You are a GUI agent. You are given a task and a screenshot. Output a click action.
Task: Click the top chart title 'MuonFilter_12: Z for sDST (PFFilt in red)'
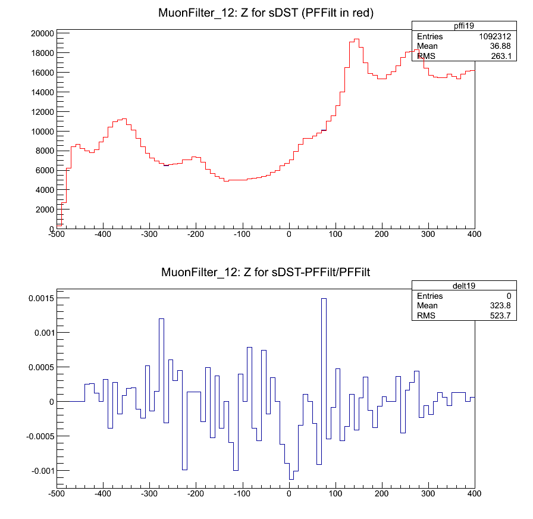(265, 13)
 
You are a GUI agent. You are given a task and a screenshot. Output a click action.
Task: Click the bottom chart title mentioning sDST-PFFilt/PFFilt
(265, 273)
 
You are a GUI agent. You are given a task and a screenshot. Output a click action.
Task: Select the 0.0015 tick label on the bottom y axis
(41, 298)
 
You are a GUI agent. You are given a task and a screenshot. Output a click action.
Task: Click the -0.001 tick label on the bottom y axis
(41, 471)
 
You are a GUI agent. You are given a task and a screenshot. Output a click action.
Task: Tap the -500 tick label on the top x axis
(57, 235)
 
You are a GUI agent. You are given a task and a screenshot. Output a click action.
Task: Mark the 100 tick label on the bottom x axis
(336, 493)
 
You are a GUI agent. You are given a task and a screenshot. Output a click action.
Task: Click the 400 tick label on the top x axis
(474, 235)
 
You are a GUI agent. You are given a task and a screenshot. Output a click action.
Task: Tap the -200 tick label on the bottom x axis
(196, 493)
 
